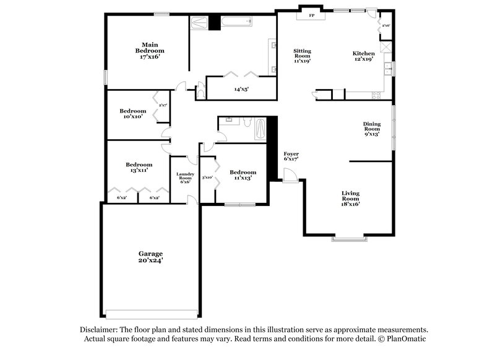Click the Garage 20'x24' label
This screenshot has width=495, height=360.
pyautogui.click(x=150, y=257)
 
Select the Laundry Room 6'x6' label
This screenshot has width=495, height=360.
pyautogui.click(x=185, y=178)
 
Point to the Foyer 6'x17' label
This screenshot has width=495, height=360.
pyautogui.click(x=291, y=156)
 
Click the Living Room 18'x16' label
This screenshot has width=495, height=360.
pyautogui.click(x=350, y=199)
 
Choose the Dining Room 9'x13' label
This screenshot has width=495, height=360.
pyautogui.click(x=372, y=129)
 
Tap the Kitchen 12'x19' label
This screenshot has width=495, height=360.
pyautogui.click(x=364, y=56)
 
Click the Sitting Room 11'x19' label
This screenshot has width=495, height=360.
pyautogui.click(x=302, y=56)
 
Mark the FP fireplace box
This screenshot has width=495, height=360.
pyautogui.click(x=311, y=15)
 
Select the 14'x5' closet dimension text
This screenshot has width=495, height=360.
pyautogui.click(x=241, y=89)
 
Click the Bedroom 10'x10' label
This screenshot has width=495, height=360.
pyautogui.click(x=133, y=114)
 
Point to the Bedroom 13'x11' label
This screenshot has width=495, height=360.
pyautogui.click(x=139, y=167)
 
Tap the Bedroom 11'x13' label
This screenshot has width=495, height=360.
pyautogui.click(x=243, y=175)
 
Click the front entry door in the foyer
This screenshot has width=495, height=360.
pyautogui.click(x=290, y=176)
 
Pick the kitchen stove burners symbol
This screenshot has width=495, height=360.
pyautogui.click(x=376, y=95)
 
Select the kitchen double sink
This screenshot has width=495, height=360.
pyautogui.click(x=388, y=69)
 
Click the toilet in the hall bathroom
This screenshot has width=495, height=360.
pyautogui.click(x=247, y=122)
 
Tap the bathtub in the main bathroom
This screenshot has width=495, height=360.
pyautogui.click(x=236, y=22)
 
